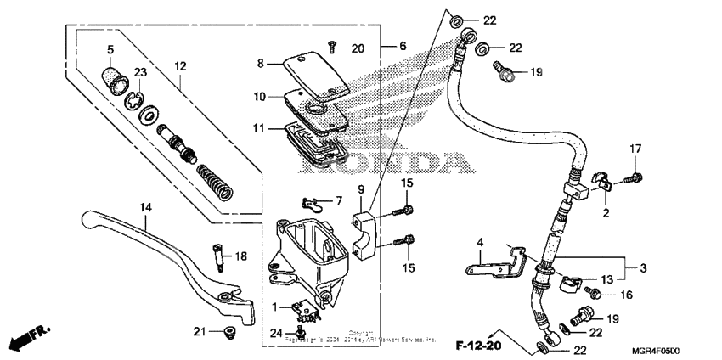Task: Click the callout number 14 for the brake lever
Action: [x=145, y=206]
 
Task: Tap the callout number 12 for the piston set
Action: [x=180, y=65]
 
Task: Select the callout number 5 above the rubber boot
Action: [x=110, y=48]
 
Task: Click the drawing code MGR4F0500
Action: [x=657, y=350]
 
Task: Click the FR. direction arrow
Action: [x=29, y=339]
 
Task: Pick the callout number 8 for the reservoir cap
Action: [x=262, y=62]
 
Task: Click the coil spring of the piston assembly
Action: [x=215, y=179]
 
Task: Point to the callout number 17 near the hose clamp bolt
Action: [x=635, y=149]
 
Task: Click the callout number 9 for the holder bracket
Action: [x=360, y=188]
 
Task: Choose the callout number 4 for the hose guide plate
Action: [x=480, y=243]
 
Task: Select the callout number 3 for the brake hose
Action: [x=642, y=268]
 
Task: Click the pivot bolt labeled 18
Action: [x=219, y=256]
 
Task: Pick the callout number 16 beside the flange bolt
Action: [x=625, y=295]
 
